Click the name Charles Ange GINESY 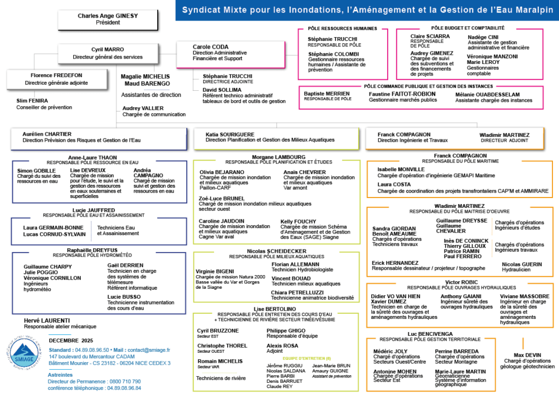108,16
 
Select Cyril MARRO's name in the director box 108,49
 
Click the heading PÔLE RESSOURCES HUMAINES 343,28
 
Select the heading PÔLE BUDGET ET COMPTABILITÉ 468,28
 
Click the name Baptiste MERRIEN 327,94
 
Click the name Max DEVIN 526,354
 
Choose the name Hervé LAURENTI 47,321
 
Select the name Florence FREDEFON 56,75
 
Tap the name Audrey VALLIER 143,108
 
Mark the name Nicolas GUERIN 522,264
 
